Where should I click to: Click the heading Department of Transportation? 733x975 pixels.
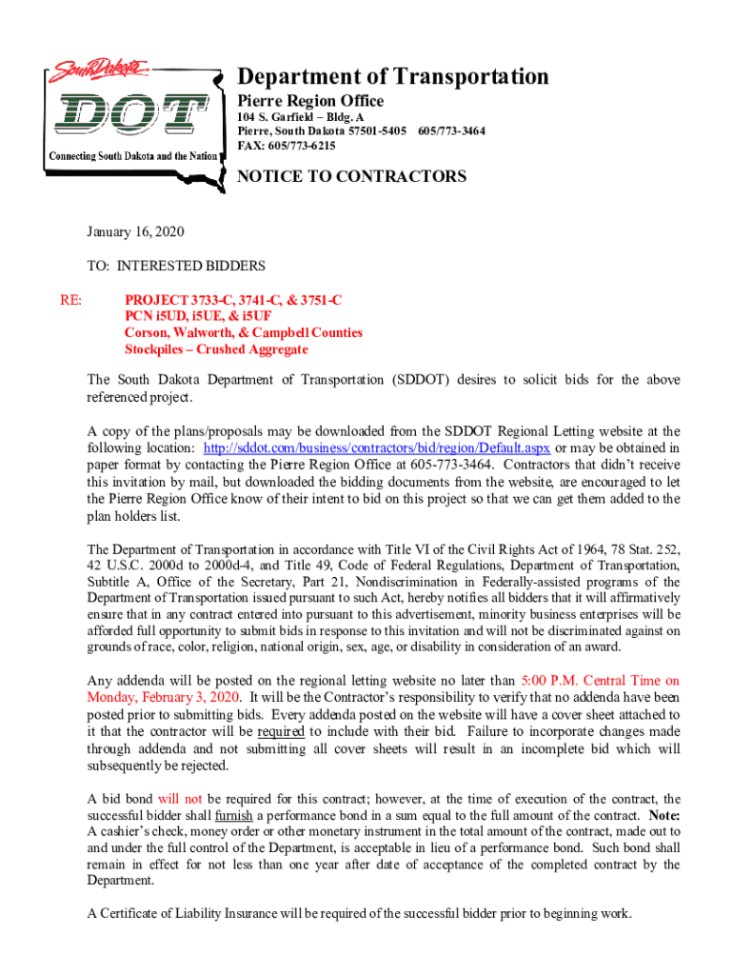click(x=393, y=76)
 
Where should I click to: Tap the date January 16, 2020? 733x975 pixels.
click(x=135, y=231)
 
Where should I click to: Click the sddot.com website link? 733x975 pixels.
click(x=377, y=448)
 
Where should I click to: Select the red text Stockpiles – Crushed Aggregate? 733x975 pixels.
click(x=216, y=349)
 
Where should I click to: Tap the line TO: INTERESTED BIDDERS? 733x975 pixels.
click(x=176, y=266)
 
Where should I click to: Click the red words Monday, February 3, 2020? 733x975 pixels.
click(x=163, y=697)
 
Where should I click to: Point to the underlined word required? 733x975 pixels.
click(x=281, y=731)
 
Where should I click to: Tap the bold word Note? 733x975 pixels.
click(x=664, y=816)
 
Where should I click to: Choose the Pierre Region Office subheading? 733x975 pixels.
click(x=310, y=101)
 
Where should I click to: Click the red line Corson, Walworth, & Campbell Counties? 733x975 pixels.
click(x=243, y=333)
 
